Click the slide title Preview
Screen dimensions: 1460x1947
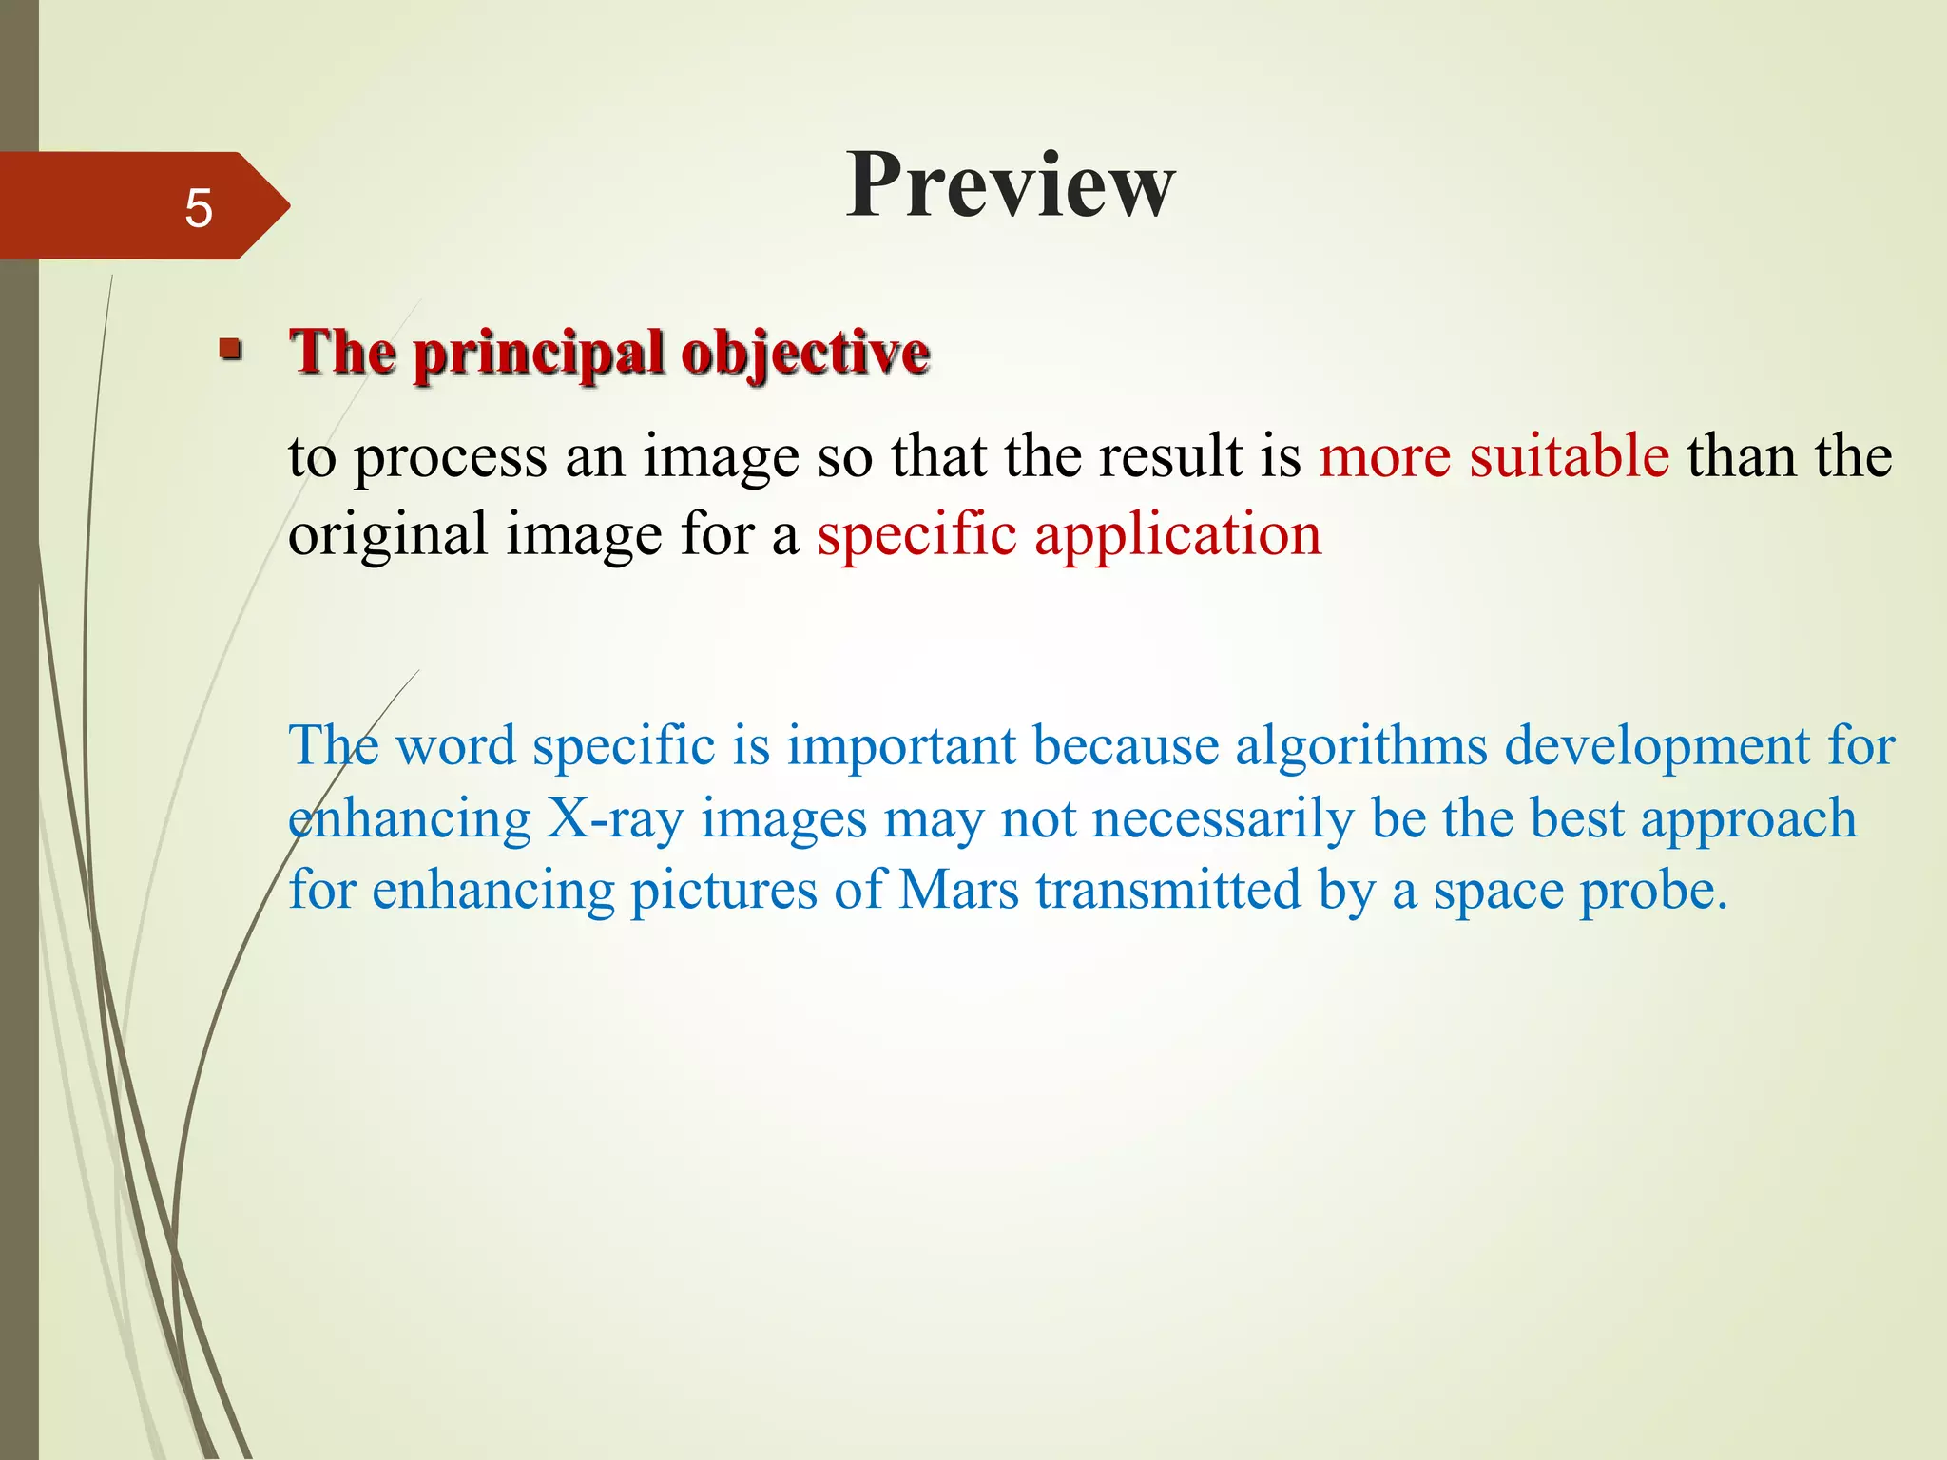pos(1011,185)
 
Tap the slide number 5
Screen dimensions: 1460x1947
pos(198,208)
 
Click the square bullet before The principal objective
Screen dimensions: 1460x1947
pos(230,350)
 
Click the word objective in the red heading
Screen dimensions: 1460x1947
pos(805,354)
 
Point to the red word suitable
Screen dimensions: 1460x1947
pos(1569,455)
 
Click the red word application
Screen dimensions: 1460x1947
pos(1178,534)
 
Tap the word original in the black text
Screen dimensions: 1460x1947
pos(388,534)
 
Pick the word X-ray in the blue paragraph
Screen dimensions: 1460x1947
pos(614,818)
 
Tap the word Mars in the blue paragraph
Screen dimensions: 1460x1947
pos(958,891)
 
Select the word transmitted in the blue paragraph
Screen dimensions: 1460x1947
pos(1168,891)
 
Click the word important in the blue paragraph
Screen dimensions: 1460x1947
pos(901,744)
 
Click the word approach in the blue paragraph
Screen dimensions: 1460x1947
pos(1747,820)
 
